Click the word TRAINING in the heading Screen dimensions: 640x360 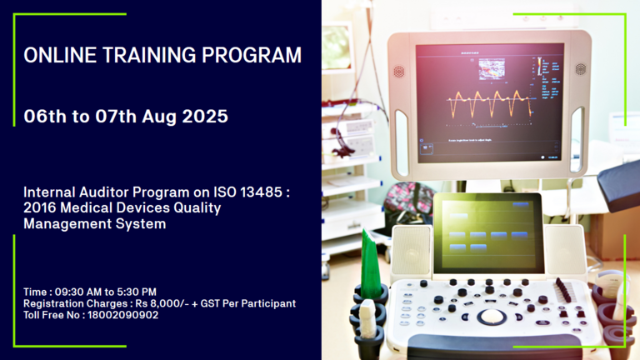click(149, 55)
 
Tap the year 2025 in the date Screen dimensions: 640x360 click(205, 117)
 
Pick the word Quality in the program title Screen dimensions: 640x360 click(197, 208)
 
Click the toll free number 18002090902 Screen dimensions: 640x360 click(122, 315)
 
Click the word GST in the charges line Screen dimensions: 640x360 click(210, 303)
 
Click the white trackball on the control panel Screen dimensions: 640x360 click(492, 316)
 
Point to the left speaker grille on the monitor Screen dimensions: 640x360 click(399, 72)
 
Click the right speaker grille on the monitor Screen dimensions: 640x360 click(580, 68)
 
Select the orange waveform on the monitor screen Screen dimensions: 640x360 click(490, 102)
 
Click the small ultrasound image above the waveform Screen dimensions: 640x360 click(492, 68)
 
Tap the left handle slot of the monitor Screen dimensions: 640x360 click(401, 142)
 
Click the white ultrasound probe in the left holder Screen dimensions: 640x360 click(367, 319)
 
